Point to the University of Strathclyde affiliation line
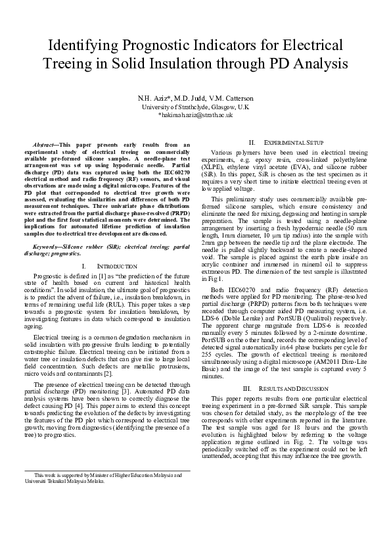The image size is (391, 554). coord(195,106)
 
